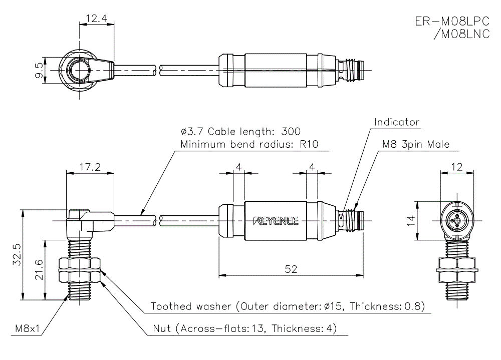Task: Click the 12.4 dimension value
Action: tap(97, 19)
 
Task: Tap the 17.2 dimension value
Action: tap(90, 167)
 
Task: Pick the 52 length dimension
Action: tap(291, 269)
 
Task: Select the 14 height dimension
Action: tap(411, 218)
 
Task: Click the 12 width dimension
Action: tap(456, 167)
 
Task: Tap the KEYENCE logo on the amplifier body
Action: tap(276, 221)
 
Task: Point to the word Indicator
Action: tap(397, 122)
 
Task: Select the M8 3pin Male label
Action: tap(416, 145)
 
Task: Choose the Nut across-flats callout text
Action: tap(245, 329)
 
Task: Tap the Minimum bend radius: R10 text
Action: tap(248, 145)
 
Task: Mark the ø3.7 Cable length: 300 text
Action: tap(240, 132)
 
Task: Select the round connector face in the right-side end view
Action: tap(456, 219)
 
